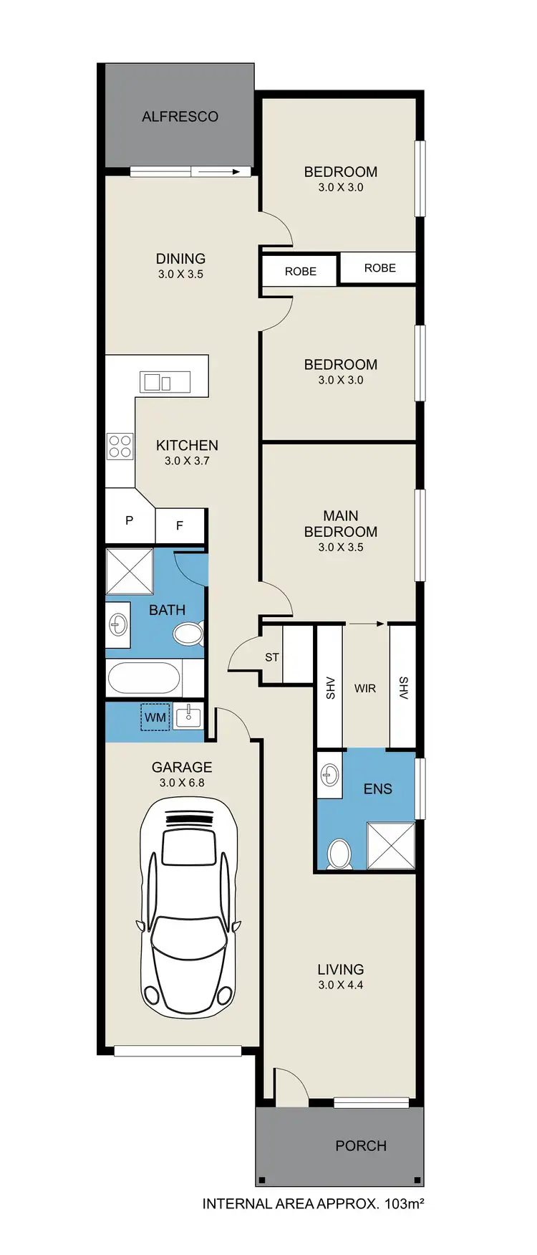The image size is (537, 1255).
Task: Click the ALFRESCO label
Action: (180, 116)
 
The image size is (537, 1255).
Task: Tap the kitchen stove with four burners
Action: (120, 447)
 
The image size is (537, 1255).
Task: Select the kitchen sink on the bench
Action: (165, 381)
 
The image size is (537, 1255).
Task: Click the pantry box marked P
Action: (129, 520)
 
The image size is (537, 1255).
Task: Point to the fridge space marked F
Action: (180, 525)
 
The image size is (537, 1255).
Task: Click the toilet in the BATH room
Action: (188, 634)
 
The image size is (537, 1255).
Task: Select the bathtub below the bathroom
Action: (144, 677)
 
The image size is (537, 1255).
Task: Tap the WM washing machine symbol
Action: (155, 717)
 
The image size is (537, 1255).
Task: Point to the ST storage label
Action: (272, 657)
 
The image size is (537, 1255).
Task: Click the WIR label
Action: (365, 688)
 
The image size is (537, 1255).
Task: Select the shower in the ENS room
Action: (390, 846)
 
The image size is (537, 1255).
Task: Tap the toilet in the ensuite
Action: (339, 854)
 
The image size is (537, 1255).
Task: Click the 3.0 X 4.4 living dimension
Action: (340, 985)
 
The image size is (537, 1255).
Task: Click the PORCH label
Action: (360, 1145)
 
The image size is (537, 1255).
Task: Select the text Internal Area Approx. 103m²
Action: (313, 1203)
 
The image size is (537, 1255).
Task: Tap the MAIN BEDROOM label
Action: (340, 523)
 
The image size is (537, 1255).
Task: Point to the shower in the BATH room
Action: (130, 571)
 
